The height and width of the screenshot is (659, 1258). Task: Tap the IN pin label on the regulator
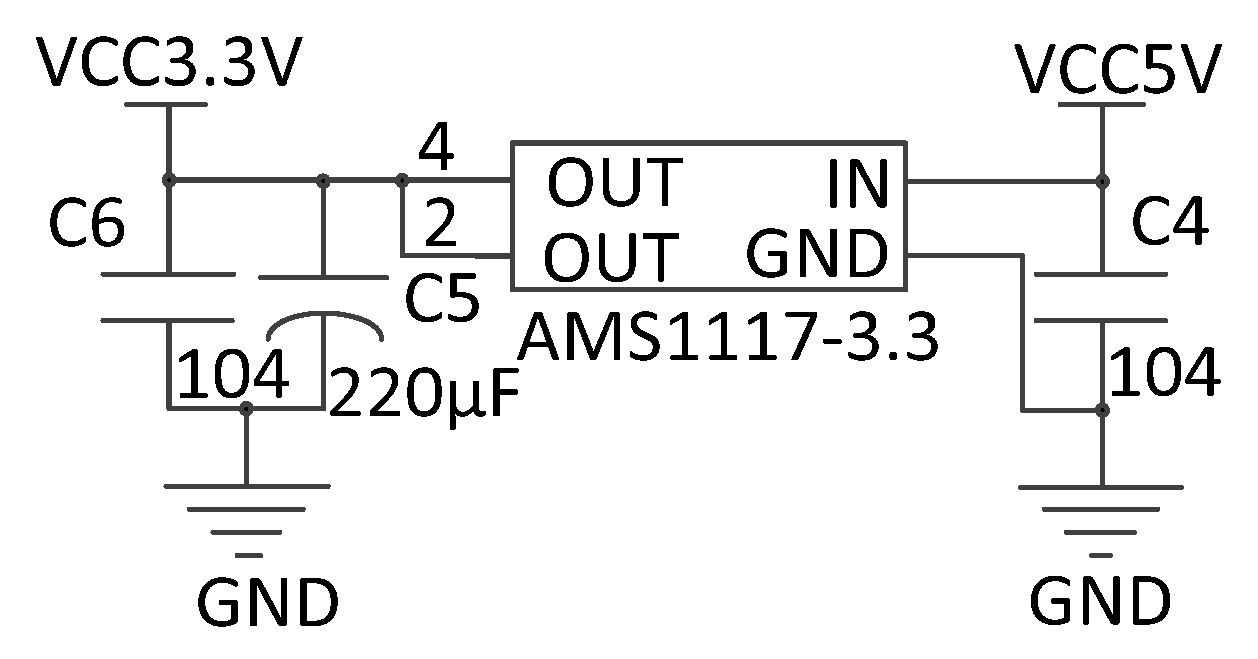pyautogui.click(x=858, y=185)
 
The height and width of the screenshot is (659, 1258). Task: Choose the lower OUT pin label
pyautogui.click(x=611, y=258)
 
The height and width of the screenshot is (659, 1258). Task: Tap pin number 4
pyautogui.click(x=436, y=150)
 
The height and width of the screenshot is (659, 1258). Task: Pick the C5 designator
pyautogui.click(x=442, y=299)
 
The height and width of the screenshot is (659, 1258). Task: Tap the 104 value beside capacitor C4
pyautogui.click(x=1166, y=376)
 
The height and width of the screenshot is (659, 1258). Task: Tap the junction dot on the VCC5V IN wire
pyautogui.click(x=1102, y=181)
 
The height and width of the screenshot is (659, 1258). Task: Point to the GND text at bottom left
pyautogui.click(x=267, y=602)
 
